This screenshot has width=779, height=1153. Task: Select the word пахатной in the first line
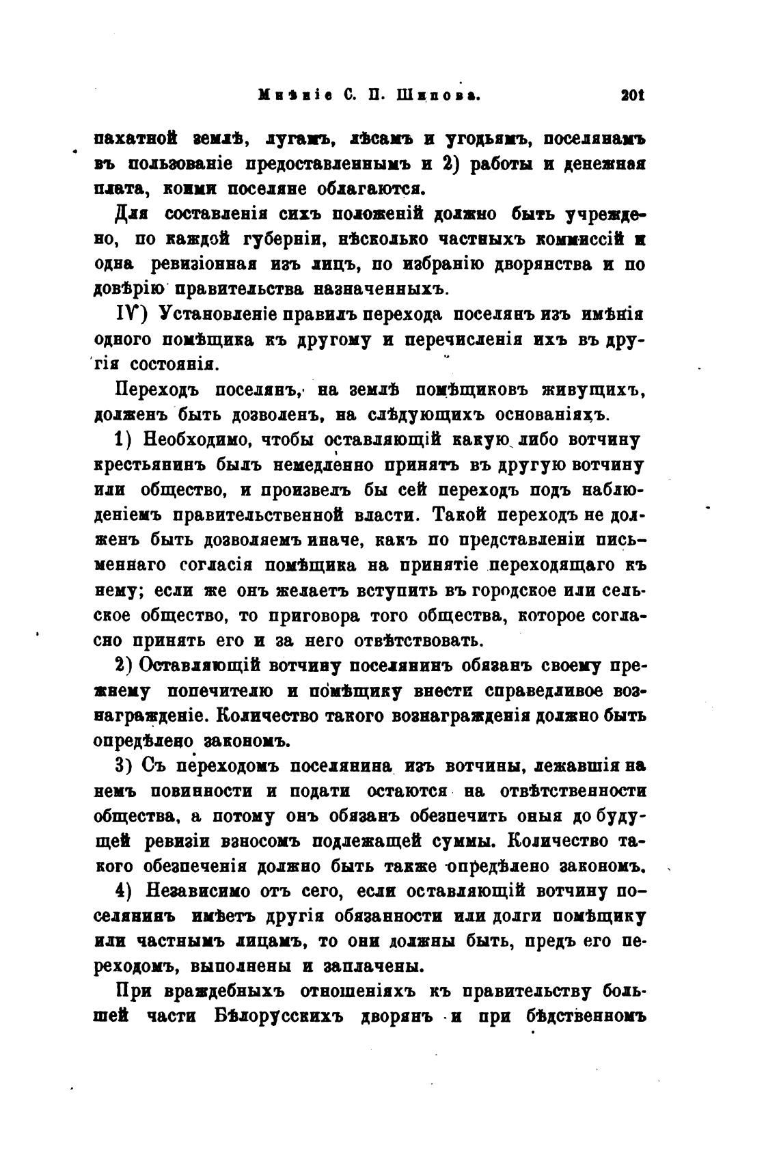135,139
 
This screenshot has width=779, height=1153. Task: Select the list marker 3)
124,767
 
